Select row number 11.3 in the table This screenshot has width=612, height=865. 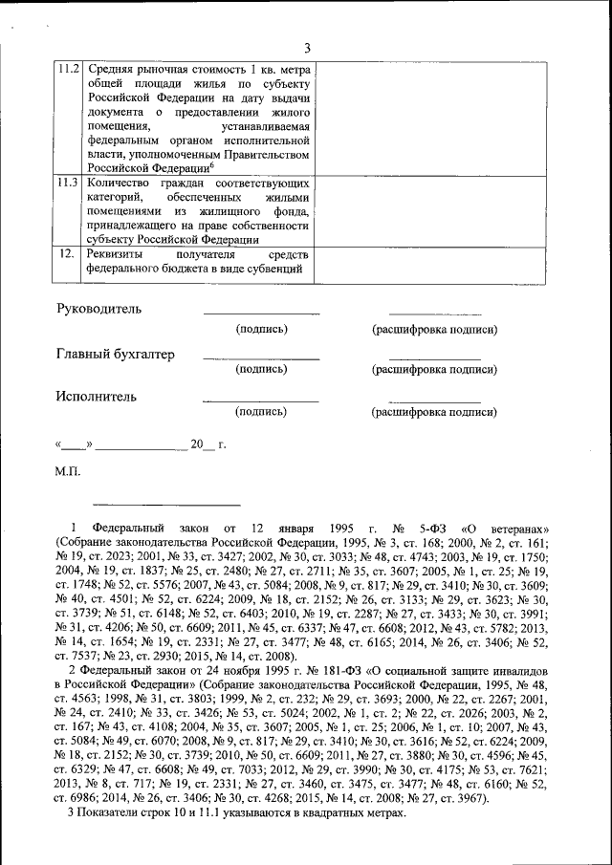pos(68,182)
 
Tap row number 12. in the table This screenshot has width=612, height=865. pos(67,253)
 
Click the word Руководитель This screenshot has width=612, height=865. pos(98,309)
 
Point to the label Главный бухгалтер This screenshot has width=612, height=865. pos(116,355)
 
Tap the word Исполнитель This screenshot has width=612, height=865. pos(96,396)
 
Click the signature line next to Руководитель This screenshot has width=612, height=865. pos(261,313)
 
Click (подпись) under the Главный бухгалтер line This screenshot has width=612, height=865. pos(261,369)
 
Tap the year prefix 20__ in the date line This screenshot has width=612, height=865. pos(198,444)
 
